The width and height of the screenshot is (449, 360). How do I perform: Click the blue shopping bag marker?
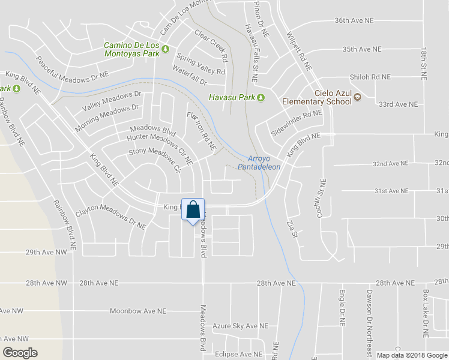click(x=193, y=211)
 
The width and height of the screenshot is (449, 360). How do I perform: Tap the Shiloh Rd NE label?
click(x=370, y=77)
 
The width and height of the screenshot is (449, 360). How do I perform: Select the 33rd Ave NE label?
click(x=398, y=104)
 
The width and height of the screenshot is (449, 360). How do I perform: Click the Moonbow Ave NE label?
click(x=137, y=311)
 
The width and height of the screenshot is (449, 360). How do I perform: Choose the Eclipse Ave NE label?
click(x=239, y=355)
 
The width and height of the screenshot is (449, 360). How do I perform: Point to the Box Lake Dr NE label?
click(x=426, y=311)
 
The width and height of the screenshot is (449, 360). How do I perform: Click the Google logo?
click(x=20, y=353)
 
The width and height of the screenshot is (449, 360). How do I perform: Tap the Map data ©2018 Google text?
click(x=411, y=355)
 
